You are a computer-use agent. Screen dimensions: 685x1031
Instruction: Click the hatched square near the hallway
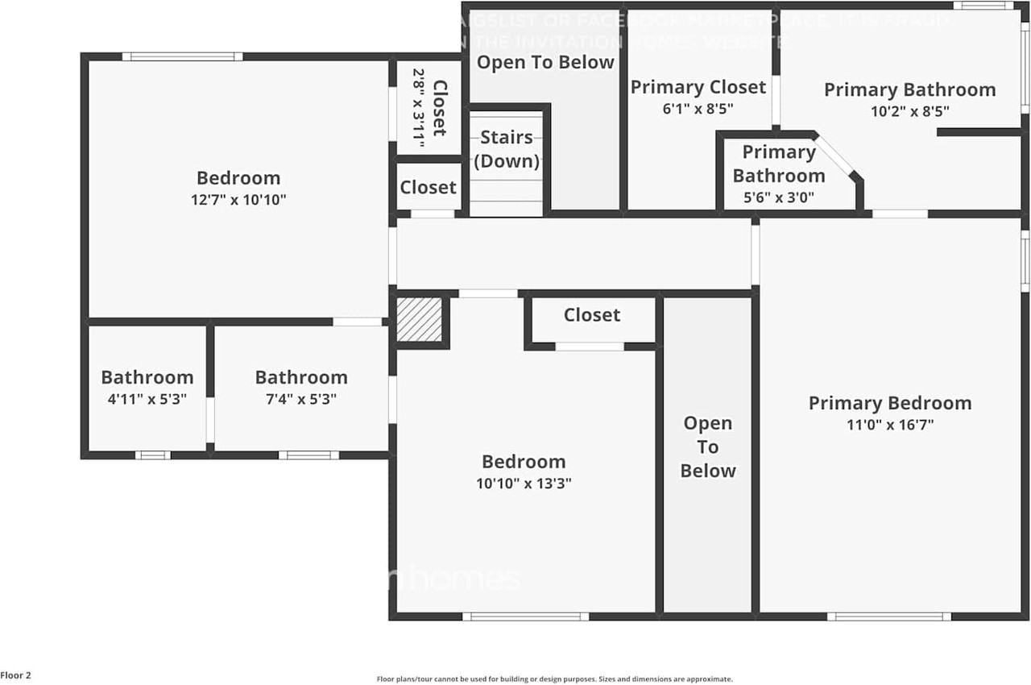click(419, 320)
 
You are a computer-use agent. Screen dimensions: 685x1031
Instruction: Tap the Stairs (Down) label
click(506, 149)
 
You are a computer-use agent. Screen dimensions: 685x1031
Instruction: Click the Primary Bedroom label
click(890, 403)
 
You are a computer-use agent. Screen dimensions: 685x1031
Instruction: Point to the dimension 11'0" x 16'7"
click(890, 426)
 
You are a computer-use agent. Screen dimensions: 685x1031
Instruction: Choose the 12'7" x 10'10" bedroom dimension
click(238, 200)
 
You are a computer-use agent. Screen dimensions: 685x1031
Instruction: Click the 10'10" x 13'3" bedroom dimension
click(524, 484)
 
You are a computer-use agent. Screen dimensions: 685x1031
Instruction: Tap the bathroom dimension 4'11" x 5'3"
click(147, 399)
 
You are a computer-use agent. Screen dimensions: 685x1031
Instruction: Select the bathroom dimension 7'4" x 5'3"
click(301, 399)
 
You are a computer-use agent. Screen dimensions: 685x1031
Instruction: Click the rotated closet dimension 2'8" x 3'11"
click(418, 106)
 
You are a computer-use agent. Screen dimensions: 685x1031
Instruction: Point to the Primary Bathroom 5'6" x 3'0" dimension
click(778, 197)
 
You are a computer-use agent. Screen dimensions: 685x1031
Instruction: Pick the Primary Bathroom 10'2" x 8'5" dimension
click(910, 112)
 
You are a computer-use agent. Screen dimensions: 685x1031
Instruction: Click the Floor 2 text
click(16, 675)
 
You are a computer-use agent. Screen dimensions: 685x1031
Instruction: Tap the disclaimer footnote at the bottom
click(554, 679)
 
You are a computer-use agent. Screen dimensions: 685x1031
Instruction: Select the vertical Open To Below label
click(708, 447)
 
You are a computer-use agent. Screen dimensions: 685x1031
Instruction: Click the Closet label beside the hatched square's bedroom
click(591, 315)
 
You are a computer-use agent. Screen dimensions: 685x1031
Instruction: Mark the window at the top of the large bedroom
click(182, 56)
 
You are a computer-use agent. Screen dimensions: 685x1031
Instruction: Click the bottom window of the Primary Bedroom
click(889, 616)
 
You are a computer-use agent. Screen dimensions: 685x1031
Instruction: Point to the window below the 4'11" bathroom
click(152, 455)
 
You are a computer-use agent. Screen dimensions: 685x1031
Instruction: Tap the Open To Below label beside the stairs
click(545, 62)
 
